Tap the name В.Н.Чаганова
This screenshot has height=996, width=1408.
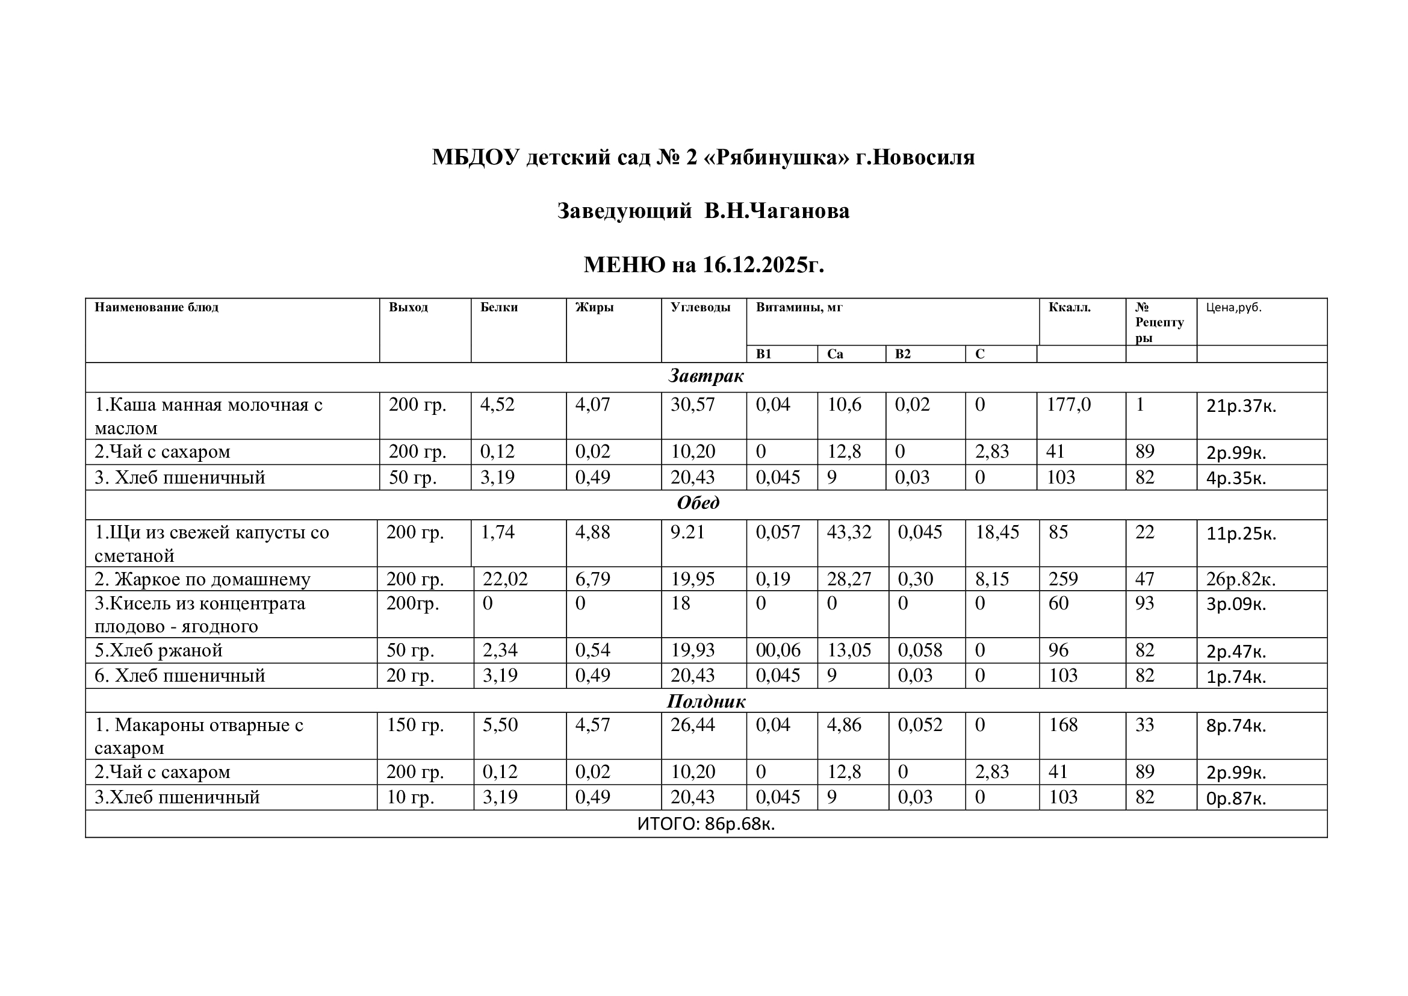[777, 211]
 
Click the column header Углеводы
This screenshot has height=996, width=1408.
[700, 307]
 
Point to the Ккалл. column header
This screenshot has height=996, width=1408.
[1070, 307]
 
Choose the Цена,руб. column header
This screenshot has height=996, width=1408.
[1234, 307]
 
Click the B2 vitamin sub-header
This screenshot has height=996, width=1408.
[903, 354]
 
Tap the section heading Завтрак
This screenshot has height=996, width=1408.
[706, 376]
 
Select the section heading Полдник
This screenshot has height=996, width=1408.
[706, 701]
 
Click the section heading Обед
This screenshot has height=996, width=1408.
[698, 503]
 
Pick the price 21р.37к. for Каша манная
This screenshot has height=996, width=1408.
[1241, 406]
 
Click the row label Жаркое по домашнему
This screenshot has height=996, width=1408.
[202, 579]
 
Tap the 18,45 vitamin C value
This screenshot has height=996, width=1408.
[997, 532]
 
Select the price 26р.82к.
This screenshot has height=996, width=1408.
[1241, 579]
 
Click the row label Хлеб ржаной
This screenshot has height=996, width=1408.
[158, 650]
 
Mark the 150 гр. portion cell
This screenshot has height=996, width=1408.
[415, 725]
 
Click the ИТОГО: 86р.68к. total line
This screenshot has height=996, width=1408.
[706, 824]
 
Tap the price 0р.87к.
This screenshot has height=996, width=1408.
[1236, 798]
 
